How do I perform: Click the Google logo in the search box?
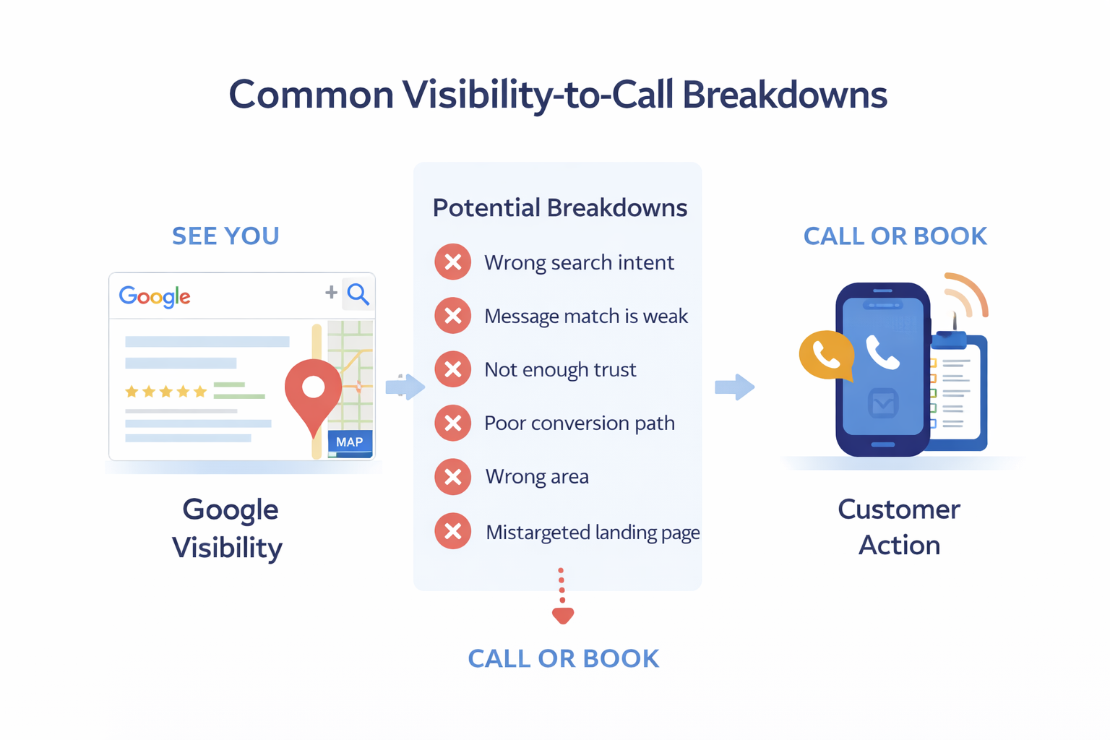[x=155, y=296]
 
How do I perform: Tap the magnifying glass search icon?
[x=358, y=294]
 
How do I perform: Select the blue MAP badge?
[x=350, y=442]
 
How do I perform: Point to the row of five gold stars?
[x=165, y=392]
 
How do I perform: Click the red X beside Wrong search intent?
[x=453, y=262]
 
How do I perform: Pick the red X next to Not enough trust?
[x=453, y=369]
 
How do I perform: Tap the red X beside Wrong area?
[x=453, y=476]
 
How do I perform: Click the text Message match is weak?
[x=585, y=316]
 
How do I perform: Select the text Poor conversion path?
[x=579, y=423]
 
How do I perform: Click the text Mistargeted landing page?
[x=593, y=532]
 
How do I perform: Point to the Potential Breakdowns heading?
[x=559, y=208]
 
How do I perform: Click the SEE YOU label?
[x=225, y=236]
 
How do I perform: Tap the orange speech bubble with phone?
[x=825, y=355]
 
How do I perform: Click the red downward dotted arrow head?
[x=563, y=616]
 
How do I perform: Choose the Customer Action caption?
[x=899, y=527]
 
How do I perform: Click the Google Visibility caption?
[x=228, y=528]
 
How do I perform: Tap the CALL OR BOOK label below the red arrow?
[x=563, y=658]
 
